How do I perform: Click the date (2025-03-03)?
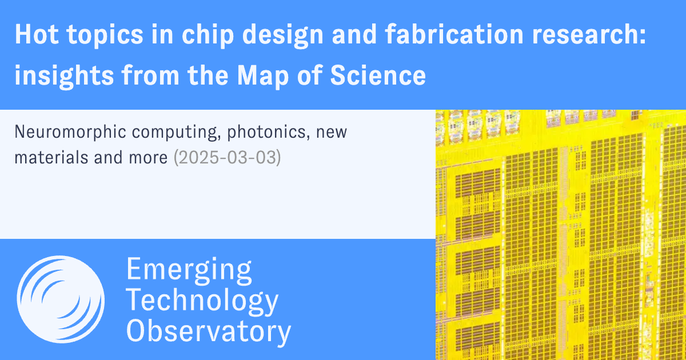click(x=227, y=158)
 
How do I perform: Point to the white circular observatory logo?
click(x=60, y=299)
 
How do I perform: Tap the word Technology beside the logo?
click(x=202, y=301)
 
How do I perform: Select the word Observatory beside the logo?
click(x=209, y=331)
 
